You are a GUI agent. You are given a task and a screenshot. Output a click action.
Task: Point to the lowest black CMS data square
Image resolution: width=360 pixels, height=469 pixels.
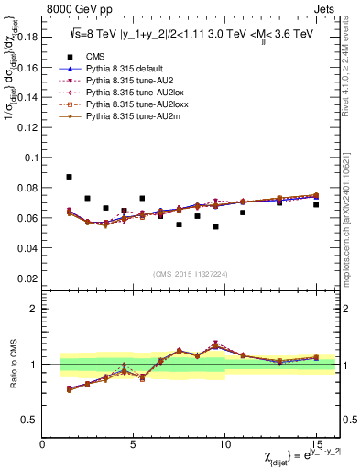[215, 226]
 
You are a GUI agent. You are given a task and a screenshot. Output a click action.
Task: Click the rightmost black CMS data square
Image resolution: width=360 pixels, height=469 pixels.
[316, 204]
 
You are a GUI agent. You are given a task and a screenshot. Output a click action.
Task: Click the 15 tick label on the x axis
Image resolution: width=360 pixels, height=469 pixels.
[316, 444]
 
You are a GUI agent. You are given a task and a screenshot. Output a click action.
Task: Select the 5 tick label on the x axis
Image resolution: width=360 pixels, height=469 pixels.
[134, 444]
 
